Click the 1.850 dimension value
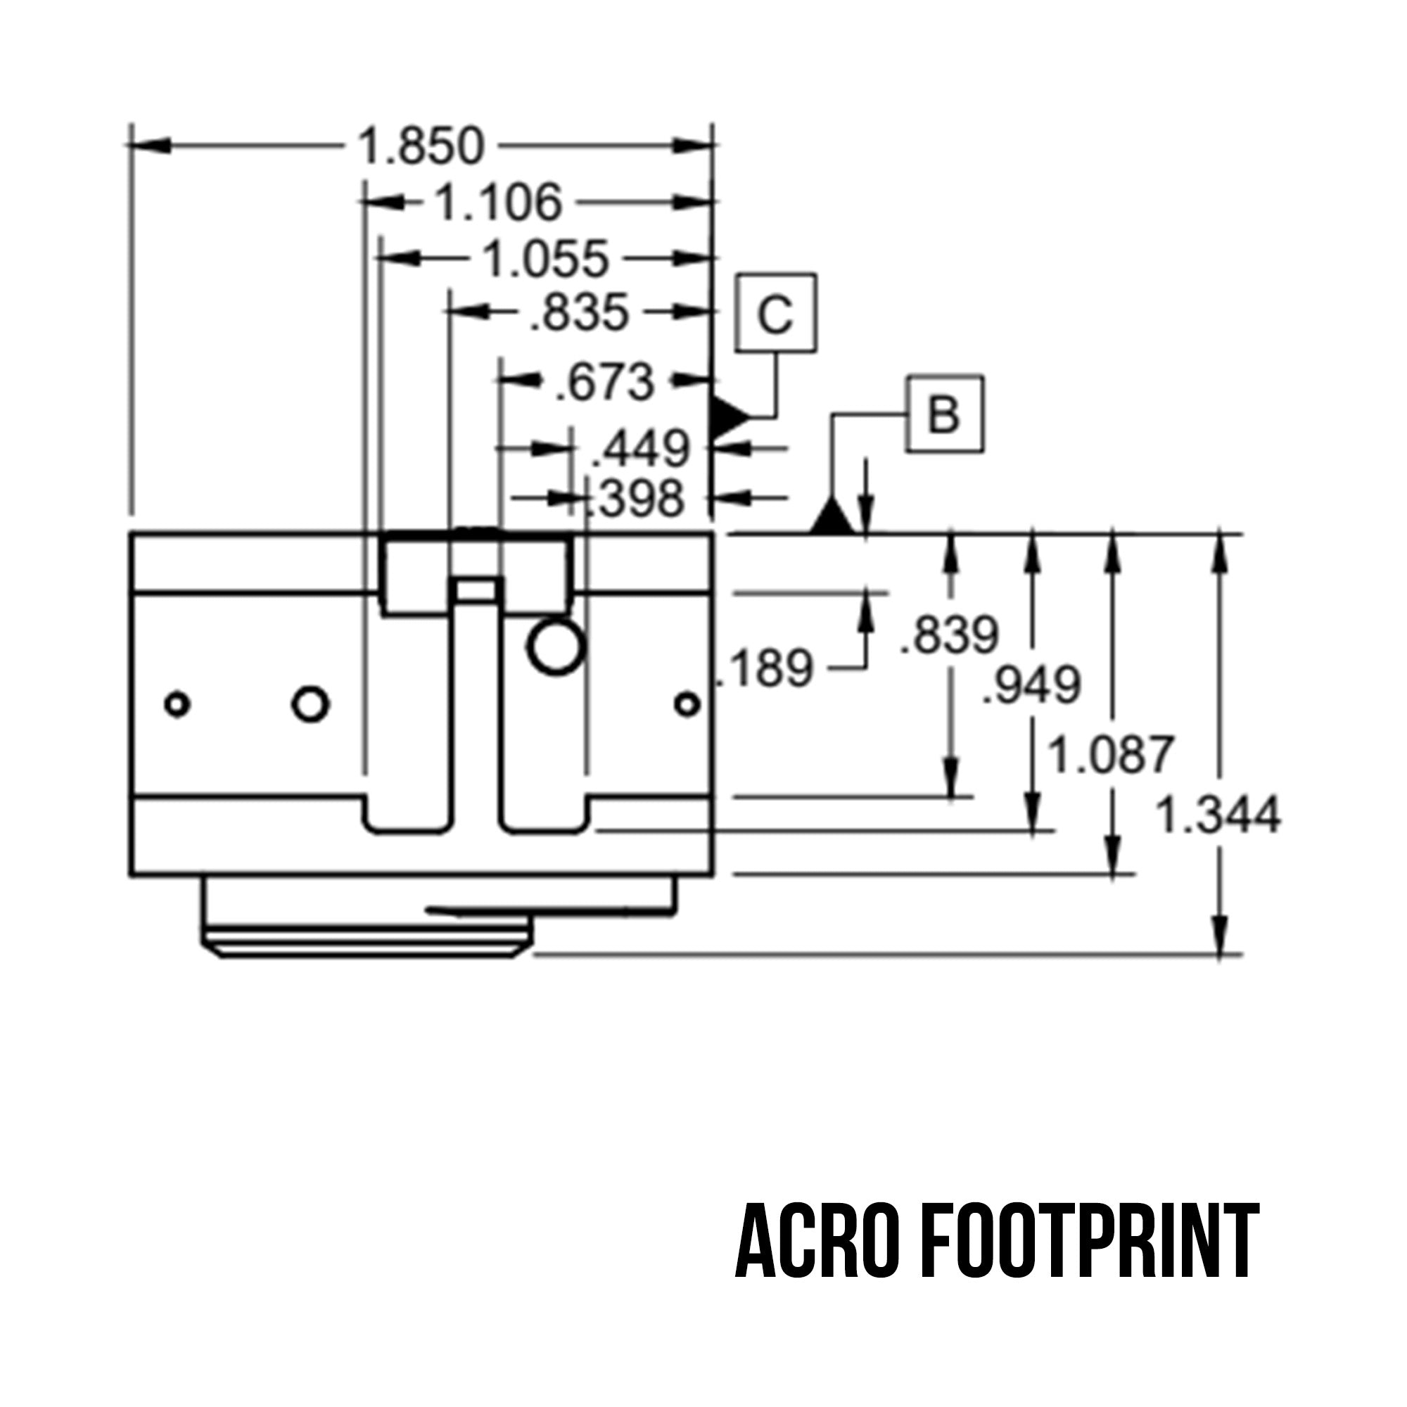point(421,146)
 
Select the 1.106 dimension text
point(499,203)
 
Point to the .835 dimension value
point(579,313)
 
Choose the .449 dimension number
point(639,449)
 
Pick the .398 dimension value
point(635,499)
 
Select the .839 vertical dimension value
point(950,635)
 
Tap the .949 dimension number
point(1031,685)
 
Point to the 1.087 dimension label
point(1110,754)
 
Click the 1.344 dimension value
point(1218,815)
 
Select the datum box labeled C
point(775,314)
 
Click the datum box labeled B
point(945,414)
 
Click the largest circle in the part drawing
point(556,647)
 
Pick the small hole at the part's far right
point(687,704)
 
